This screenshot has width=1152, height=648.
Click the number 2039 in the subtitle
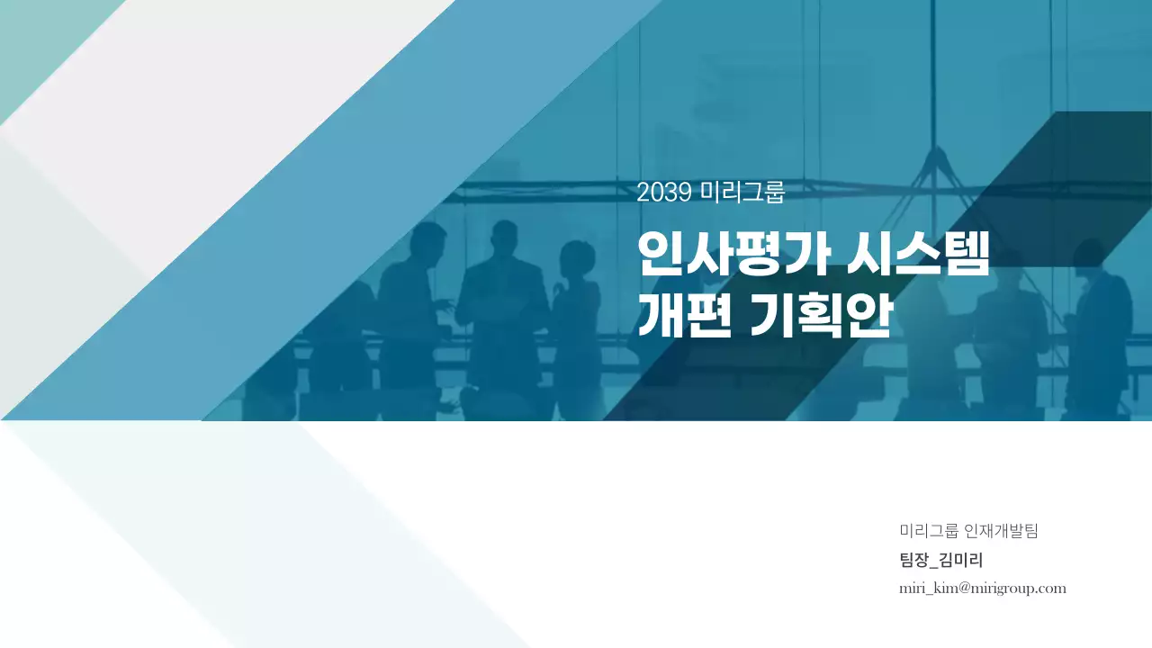(664, 193)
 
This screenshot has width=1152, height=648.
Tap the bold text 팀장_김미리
(940, 560)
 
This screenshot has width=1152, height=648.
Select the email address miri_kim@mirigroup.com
(982, 589)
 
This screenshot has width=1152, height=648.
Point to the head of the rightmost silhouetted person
(1089, 256)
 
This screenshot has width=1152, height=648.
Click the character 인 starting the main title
(659, 255)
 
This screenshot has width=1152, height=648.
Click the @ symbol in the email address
(962, 589)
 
